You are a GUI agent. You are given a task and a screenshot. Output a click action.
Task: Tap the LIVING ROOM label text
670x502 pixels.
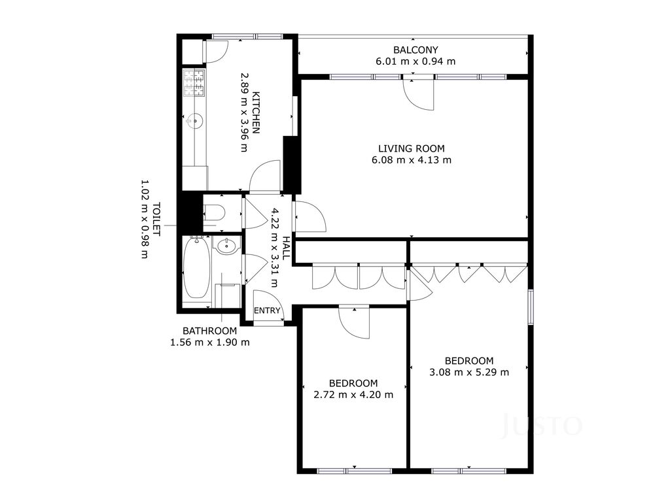[x=412, y=148]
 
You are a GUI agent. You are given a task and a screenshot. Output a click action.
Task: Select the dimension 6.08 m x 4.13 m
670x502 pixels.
[x=412, y=160]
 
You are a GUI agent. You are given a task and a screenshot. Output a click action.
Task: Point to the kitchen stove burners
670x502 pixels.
[x=194, y=83]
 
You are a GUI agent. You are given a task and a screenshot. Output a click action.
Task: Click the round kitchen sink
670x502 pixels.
[x=195, y=121]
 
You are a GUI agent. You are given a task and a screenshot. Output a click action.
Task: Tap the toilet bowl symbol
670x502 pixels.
[x=215, y=212]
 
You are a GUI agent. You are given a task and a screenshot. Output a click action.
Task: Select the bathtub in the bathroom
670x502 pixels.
[x=196, y=268]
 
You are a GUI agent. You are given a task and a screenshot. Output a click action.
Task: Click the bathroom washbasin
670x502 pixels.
[x=226, y=246]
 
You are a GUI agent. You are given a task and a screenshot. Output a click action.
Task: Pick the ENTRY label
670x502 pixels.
[x=267, y=310]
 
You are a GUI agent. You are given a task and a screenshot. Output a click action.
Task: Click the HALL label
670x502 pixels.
[x=286, y=248]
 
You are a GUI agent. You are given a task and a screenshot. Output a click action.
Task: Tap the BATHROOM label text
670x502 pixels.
[x=210, y=331]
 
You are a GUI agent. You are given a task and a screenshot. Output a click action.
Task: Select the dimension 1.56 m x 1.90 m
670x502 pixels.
[x=210, y=343]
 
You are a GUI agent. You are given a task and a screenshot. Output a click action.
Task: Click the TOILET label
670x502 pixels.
[x=156, y=220]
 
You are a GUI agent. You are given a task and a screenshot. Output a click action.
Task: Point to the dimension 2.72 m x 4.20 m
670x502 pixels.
[x=353, y=395]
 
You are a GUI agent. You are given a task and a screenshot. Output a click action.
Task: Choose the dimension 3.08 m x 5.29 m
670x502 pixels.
[x=469, y=372]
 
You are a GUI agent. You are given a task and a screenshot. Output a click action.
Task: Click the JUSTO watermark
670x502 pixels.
[x=541, y=426]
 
